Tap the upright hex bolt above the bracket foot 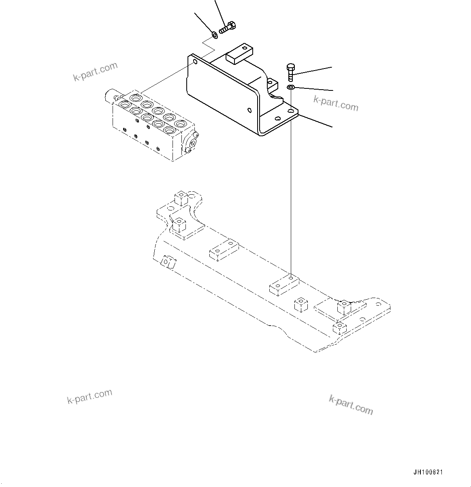click(290, 72)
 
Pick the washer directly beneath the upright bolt click(291, 87)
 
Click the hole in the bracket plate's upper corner click(195, 62)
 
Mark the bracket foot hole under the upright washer click(291, 110)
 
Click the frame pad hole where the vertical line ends click(291, 279)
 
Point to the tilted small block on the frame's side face click(168, 262)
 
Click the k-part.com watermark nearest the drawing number click(351, 404)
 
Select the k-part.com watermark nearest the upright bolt click(336, 103)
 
